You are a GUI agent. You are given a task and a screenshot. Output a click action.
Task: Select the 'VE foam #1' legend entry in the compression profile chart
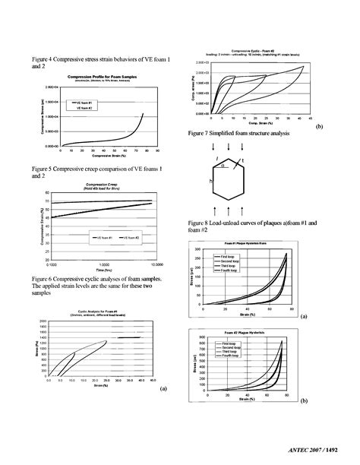pyautogui.click(x=85, y=101)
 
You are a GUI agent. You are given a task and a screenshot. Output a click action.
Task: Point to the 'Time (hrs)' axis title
pyautogui.click(x=93, y=270)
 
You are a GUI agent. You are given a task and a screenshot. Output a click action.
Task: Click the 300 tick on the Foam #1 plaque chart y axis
pyautogui.click(x=198, y=249)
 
